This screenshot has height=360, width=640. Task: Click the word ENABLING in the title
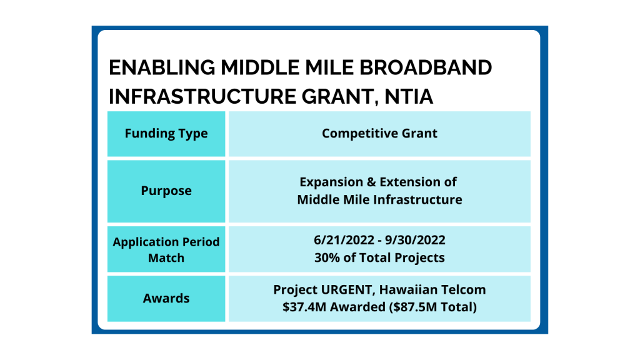(162, 67)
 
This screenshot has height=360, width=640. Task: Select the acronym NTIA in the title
(409, 96)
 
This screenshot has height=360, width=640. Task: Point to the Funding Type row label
(166, 134)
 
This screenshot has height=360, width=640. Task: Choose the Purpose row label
(166, 191)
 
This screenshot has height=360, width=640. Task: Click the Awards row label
(166, 298)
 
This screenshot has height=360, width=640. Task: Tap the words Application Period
(166, 242)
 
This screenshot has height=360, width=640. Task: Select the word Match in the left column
(166, 258)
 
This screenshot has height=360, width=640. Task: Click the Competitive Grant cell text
(379, 134)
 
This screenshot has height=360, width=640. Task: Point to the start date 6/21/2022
(344, 240)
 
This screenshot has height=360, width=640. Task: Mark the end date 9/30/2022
(415, 240)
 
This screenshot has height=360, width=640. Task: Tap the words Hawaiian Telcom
(432, 289)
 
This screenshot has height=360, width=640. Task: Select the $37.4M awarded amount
(304, 307)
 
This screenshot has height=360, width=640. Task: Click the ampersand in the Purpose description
(371, 182)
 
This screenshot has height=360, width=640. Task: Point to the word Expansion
(331, 182)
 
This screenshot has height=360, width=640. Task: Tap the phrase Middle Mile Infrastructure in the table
(379, 199)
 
